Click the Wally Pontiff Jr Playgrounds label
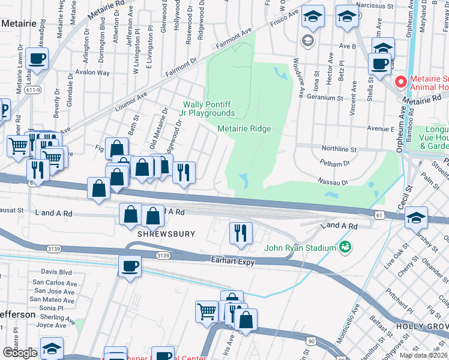209,109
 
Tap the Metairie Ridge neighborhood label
244,129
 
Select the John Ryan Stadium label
300,248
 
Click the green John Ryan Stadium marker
345,246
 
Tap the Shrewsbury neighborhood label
158,233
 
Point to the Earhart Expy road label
234,261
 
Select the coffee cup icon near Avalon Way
37,59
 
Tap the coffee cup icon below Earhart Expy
129,266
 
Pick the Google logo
20,352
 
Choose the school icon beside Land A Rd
416,217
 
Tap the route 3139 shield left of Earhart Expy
162,255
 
